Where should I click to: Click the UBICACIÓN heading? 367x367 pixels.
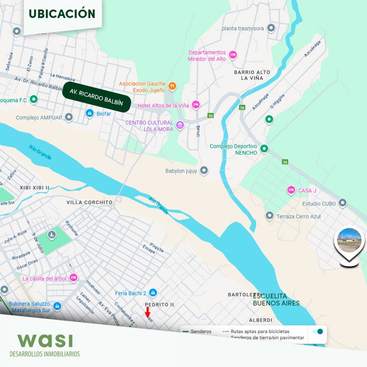tap(62, 14)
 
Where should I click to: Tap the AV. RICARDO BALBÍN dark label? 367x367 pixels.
tap(96, 97)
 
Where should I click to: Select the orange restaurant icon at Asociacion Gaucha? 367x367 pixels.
tap(172, 86)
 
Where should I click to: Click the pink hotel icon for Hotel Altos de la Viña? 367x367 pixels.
tap(196, 105)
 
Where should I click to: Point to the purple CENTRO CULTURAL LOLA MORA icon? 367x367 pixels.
tap(180, 125)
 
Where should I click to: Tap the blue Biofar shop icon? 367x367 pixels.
tap(90, 113)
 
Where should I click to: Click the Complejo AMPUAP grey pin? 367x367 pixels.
tap(69, 117)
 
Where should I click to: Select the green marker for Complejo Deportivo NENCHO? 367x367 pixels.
tap(264, 148)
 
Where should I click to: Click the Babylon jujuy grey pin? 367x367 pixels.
tap(204, 170)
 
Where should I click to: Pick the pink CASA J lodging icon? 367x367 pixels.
tap(291, 190)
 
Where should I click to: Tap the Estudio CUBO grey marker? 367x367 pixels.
tap(342, 203)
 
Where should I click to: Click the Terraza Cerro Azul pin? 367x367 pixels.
tap(269, 216)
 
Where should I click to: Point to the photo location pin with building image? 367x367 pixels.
tap(349, 243)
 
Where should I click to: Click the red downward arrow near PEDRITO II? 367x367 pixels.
tap(148, 312)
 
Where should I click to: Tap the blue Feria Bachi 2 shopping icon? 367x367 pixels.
tap(153, 292)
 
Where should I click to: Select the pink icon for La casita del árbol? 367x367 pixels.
tap(73, 278)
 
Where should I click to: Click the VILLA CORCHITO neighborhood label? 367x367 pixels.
tap(89, 202)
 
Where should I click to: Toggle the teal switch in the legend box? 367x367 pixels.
tap(318, 331)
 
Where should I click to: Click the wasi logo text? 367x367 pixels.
tap(45, 340)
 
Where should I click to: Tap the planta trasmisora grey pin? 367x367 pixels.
tap(271, 28)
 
